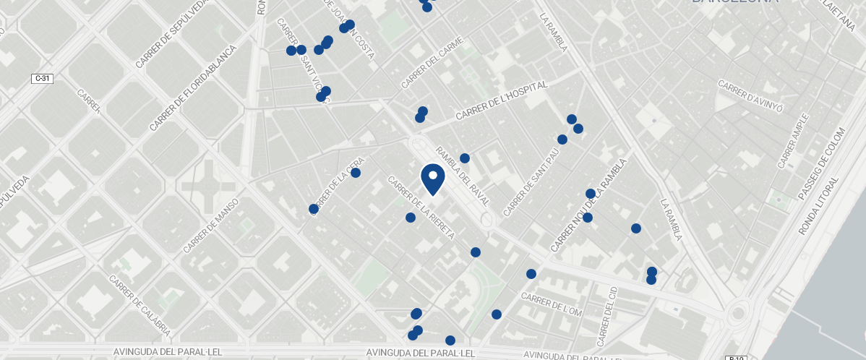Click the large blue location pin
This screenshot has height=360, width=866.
click(432, 178)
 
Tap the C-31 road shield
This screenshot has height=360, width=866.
click(41, 78)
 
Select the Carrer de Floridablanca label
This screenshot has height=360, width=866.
click(193, 88)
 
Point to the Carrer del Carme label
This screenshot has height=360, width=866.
click(432, 64)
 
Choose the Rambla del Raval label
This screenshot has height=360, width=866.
click(462, 176)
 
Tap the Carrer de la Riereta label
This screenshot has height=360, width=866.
click(421, 207)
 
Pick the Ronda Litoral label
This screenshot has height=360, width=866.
click(819, 205)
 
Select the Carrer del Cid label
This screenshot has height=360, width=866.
click(607, 316)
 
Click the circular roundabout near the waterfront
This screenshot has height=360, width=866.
click(737, 314)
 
